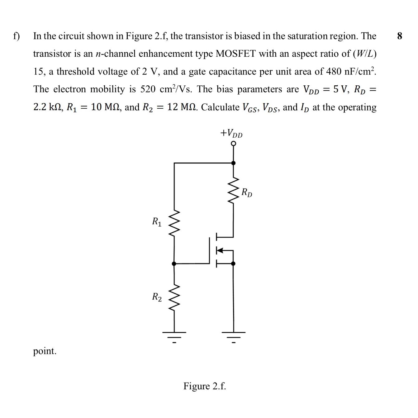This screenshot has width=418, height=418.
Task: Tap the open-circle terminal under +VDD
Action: (x=234, y=144)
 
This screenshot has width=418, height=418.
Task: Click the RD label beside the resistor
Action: (x=247, y=192)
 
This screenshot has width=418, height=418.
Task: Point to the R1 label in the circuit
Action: (x=157, y=222)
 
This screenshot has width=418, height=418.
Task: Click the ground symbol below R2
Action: (x=174, y=336)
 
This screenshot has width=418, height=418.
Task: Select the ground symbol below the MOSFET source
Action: (x=234, y=336)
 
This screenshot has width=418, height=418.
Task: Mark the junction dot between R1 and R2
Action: (x=174, y=264)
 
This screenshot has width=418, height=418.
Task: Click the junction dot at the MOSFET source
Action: (x=234, y=264)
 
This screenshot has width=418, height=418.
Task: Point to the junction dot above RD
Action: (x=234, y=163)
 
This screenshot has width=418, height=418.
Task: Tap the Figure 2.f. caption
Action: (x=204, y=386)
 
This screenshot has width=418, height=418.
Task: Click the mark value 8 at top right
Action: (x=400, y=36)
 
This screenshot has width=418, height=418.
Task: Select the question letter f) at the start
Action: (x=16, y=36)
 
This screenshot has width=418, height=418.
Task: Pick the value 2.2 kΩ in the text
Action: (x=48, y=107)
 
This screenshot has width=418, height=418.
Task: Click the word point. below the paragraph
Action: (x=45, y=351)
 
